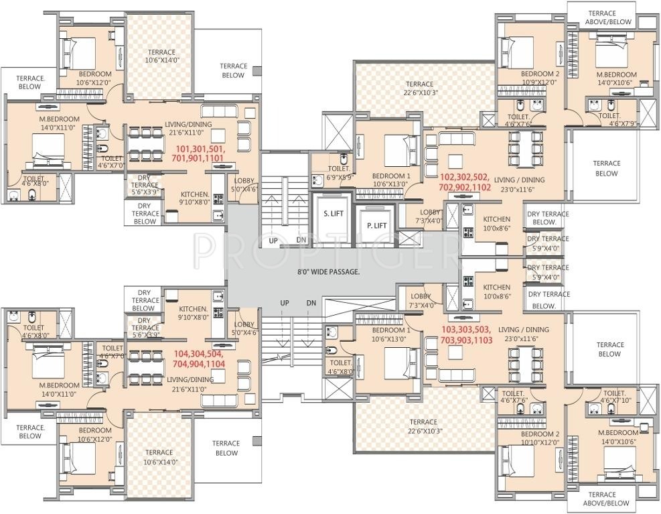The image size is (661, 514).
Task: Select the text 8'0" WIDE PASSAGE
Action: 329,271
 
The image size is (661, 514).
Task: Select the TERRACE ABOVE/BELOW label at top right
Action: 609,17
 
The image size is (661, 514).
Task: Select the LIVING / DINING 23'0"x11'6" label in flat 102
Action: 519,184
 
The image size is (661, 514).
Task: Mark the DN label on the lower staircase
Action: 311,304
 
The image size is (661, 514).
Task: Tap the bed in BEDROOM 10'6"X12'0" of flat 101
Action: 78,51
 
